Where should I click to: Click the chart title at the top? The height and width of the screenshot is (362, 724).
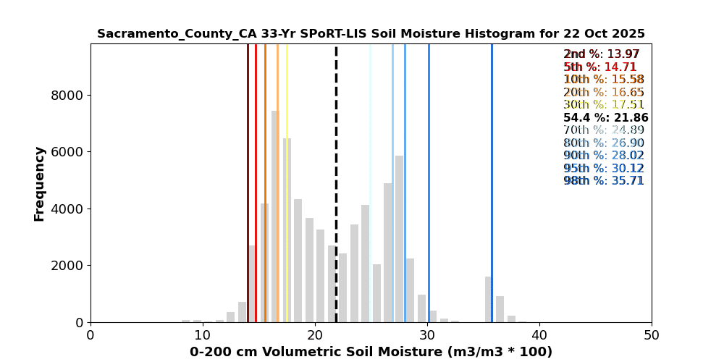(x=371, y=34)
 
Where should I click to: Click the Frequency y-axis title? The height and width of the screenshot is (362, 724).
(x=39, y=183)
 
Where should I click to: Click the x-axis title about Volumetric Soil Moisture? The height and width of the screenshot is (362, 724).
(x=371, y=352)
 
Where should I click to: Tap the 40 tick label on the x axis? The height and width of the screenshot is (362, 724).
(x=539, y=335)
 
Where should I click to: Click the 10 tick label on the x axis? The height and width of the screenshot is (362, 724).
(x=203, y=335)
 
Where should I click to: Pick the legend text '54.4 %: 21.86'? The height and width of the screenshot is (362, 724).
(x=605, y=118)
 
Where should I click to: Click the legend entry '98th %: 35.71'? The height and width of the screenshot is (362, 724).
(x=603, y=181)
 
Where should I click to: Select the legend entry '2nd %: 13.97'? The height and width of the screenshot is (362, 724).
(x=601, y=54)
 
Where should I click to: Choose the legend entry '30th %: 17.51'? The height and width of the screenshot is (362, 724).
(x=603, y=105)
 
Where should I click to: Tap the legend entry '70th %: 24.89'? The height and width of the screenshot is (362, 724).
(x=603, y=130)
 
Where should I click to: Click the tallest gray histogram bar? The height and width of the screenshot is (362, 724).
(x=274, y=217)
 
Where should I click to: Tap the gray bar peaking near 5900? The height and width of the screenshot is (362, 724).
(x=399, y=239)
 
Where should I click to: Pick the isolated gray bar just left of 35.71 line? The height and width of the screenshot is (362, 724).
(x=488, y=300)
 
